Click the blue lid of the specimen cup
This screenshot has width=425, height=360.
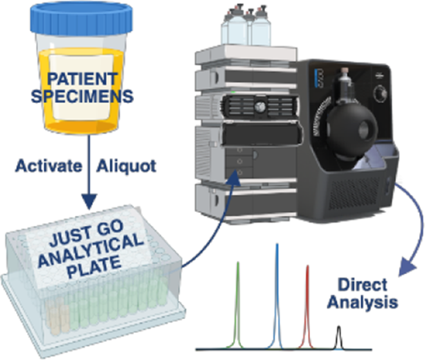click(81, 19)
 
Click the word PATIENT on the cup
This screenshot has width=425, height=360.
click(83, 79)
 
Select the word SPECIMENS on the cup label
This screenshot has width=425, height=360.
click(83, 96)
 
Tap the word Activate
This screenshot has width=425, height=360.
click(48, 165)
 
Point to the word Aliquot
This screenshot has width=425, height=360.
click(126, 166)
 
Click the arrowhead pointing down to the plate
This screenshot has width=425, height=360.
click(89, 201)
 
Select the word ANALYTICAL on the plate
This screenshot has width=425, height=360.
click(91, 250)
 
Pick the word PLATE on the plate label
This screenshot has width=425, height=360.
click(94, 267)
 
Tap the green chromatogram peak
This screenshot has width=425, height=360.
click(238, 305)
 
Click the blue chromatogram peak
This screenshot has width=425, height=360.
click(277, 296)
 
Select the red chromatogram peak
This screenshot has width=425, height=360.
click(307, 307)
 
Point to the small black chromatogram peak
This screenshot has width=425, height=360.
click(338, 337)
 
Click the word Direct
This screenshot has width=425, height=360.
click(362, 285)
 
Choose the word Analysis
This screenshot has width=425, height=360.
click(362, 303)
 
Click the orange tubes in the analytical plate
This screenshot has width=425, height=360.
click(56, 316)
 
